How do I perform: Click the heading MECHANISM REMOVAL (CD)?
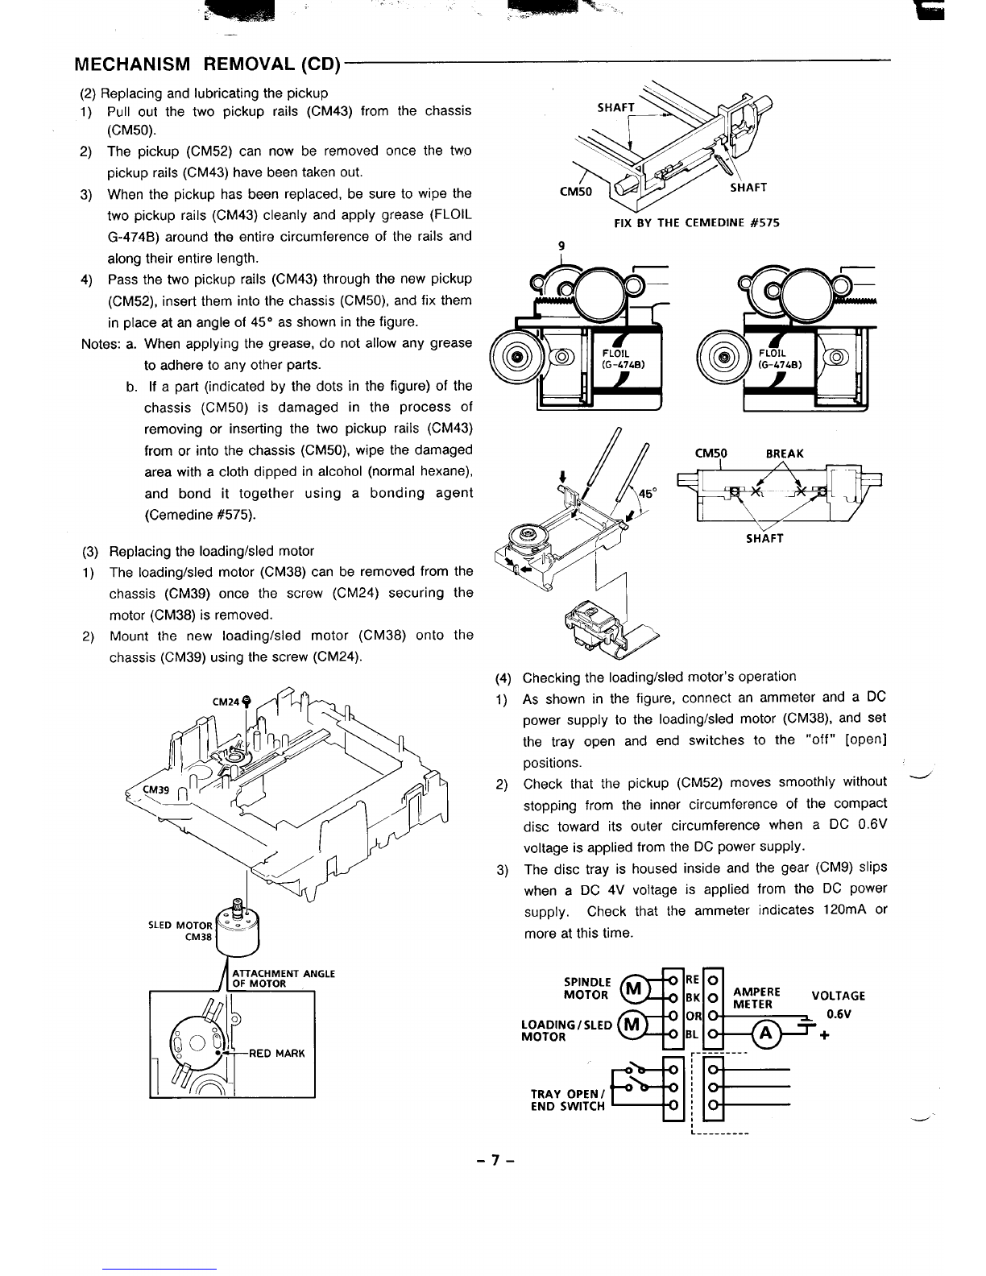205,64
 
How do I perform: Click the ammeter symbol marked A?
764,1034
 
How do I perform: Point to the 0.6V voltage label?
840,1014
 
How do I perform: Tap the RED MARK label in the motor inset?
277,1053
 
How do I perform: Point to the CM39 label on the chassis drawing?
156,790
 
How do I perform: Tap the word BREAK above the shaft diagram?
785,454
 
